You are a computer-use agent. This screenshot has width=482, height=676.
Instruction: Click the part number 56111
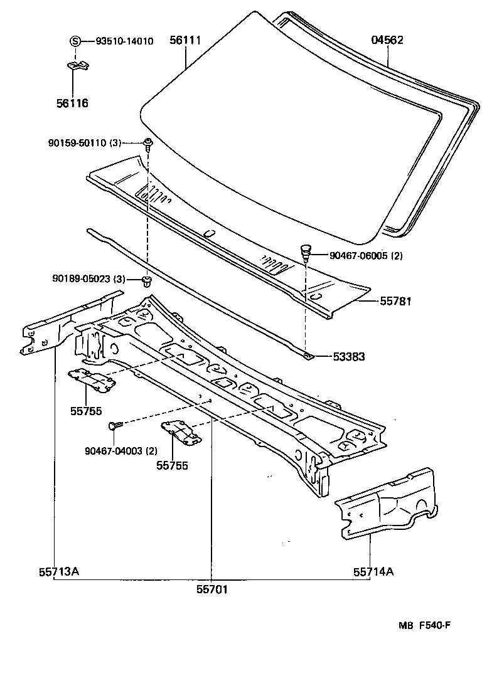(185, 41)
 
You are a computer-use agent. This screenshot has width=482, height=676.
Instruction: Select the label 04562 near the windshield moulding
(387, 41)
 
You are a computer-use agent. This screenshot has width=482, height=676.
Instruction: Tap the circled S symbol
(75, 41)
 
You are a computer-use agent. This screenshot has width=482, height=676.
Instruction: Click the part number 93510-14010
(124, 41)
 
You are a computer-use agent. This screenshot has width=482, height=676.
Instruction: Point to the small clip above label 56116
(77, 65)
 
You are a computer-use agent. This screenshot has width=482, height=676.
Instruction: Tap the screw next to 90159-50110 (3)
(147, 144)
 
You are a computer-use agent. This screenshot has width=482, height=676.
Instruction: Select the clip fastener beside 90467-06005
(305, 252)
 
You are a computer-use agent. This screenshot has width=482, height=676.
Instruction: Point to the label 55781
(395, 302)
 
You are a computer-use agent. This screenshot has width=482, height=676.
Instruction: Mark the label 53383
(350, 357)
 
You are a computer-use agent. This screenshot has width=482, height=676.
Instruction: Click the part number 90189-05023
(80, 279)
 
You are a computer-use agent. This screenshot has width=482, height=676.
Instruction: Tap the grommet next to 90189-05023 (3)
(147, 279)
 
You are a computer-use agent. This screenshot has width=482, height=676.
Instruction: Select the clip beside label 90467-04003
(114, 426)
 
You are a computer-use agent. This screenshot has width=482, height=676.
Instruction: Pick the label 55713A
(53, 571)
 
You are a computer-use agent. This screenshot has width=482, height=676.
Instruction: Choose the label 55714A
(373, 571)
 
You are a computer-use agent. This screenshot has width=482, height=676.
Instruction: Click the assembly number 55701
(212, 590)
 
